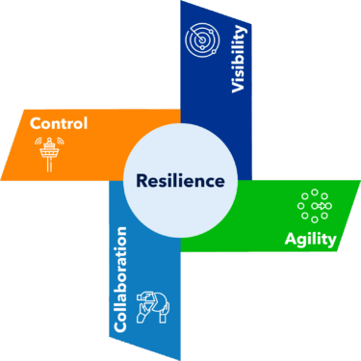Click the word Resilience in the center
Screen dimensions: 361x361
click(x=180, y=180)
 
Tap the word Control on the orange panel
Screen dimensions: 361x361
click(x=59, y=123)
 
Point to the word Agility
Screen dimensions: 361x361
click(x=310, y=239)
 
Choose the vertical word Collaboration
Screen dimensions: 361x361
click(x=120, y=279)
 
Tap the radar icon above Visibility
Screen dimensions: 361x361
click(x=203, y=40)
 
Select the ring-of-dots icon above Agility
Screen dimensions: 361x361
click(x=314, y=205)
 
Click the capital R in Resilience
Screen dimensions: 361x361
click(x=142, y=180)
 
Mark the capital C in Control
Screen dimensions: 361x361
click(x=36, y=123)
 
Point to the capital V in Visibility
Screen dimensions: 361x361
click(x=240, y=88)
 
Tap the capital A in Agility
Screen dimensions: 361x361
click(x=290, y=238)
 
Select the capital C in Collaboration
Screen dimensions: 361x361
click(x=120, y=326)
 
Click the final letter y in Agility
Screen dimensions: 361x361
click(x=332, y=241)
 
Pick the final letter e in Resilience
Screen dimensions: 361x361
click(x=219, y=181)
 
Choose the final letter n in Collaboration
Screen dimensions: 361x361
click(x=121, y=232)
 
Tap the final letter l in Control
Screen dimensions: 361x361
click(x=86, y=122)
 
